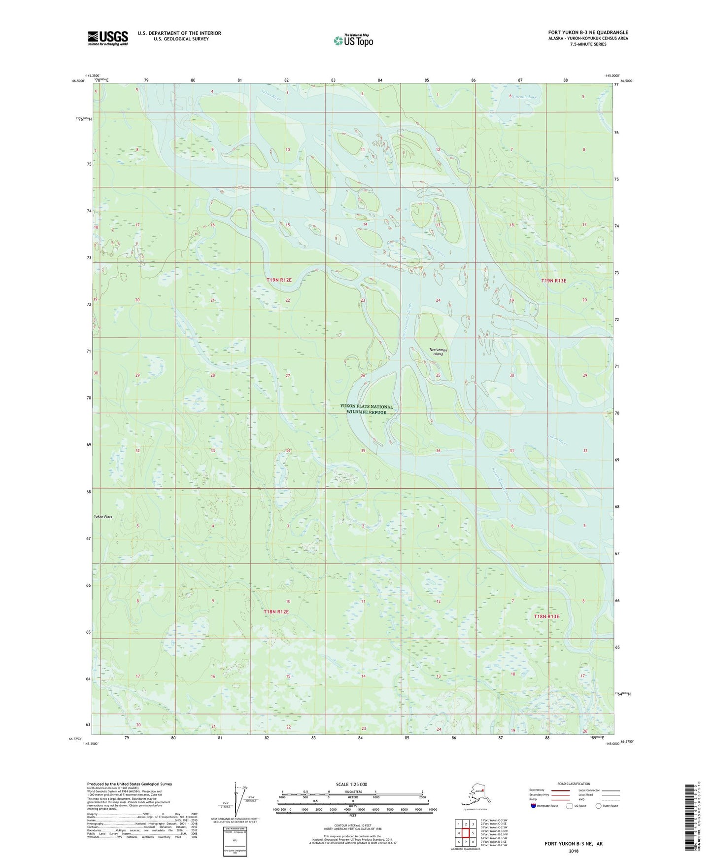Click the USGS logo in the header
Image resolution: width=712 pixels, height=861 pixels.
107,38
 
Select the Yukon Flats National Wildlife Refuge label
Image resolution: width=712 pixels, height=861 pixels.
366,409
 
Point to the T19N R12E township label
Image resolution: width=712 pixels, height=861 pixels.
279,280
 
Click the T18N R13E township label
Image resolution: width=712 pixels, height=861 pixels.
546,616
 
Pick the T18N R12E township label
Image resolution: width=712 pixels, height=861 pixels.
275,611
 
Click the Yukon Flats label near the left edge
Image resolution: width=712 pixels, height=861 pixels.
103,517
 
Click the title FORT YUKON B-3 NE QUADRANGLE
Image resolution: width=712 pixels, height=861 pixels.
588,33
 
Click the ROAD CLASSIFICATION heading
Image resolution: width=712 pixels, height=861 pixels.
574,784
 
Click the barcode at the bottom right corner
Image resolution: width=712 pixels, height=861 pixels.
690,818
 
